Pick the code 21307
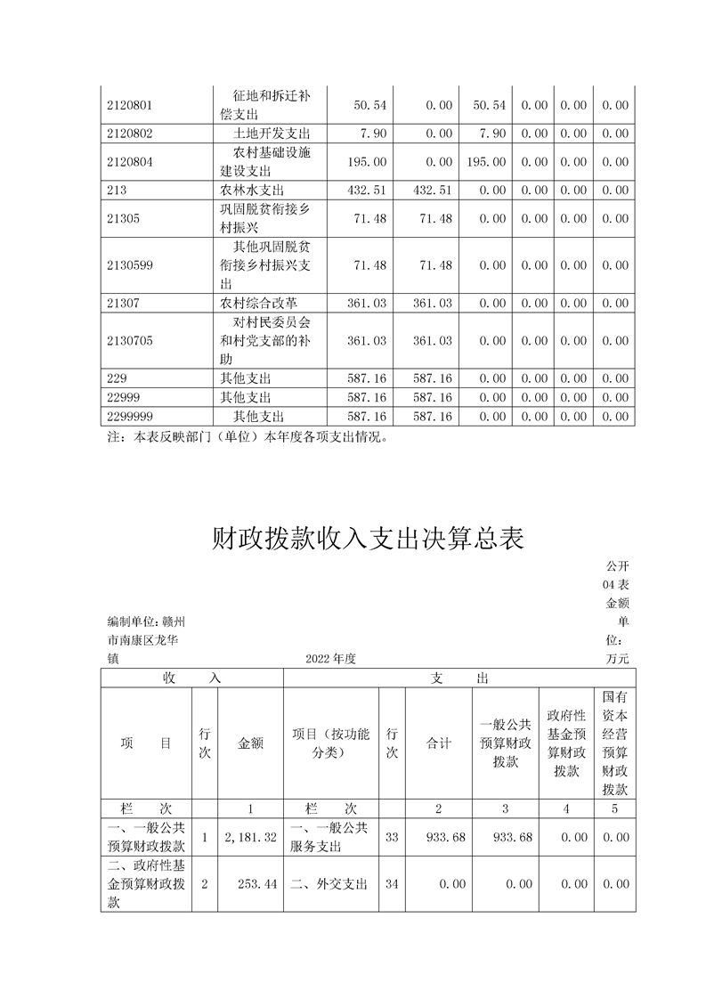(123, 304)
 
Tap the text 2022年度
(330, 659)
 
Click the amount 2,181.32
(251, 837)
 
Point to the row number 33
(392, 837)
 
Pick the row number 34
(392, 884)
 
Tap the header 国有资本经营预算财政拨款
(615, 743)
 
